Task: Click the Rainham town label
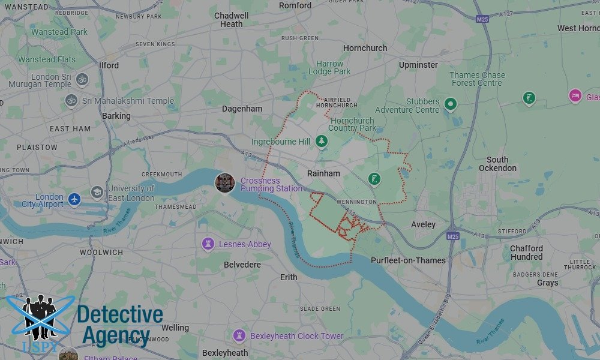(323, 173)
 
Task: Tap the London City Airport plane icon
(74, 199)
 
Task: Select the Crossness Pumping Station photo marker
(225, 182)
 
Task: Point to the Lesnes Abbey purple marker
(209, 244)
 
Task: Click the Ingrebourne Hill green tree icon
(322, 141)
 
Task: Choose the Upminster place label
(418, 64)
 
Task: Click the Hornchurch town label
(365, 48)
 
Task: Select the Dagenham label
(242, 109)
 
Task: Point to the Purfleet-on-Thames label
(408, 260)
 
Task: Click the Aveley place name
(423, 224)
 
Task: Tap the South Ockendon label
(497, 164)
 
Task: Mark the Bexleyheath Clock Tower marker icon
(239, 335)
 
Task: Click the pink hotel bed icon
(575, 95)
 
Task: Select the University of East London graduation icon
(97, 192)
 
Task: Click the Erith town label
(289, 277)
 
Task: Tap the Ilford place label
(109, 65)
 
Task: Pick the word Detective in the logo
(120, 314)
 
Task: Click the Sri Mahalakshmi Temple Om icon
(71, 101)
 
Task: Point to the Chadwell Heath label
(231, 20)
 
